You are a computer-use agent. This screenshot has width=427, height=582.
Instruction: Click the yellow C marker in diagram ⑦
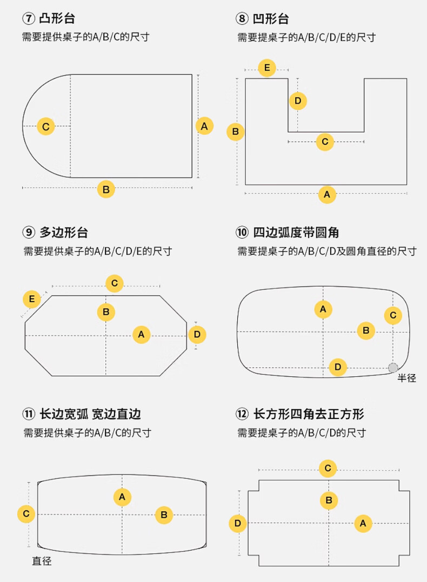coord(46,127)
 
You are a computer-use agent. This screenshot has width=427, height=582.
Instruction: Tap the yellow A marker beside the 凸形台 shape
coord(204,126)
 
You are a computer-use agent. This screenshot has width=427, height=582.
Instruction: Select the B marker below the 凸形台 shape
coord(106,190)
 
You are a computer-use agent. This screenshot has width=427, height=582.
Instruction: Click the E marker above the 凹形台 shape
coord(266,69)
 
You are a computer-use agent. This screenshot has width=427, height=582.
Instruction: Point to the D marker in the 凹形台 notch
coord(298,101)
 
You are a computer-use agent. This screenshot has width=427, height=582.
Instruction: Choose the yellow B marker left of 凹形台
coord(236,131)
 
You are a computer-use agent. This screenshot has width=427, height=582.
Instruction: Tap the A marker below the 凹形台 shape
coord(327,194)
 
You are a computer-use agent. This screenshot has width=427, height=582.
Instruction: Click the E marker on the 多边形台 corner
coord(32,299)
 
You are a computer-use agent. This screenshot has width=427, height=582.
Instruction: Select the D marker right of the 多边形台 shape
coord(197,335)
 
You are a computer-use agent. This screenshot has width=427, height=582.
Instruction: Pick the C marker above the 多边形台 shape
coord(115,283)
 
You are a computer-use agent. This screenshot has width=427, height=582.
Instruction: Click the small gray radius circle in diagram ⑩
coord(393,368)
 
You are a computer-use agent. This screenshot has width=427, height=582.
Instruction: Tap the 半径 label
coord(406,378)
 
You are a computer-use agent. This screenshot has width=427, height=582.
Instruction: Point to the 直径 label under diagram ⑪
coord(42,561)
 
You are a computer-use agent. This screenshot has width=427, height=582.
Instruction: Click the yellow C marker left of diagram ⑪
coord(26,513)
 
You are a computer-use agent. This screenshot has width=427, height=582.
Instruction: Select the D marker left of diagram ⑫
coord(237,523)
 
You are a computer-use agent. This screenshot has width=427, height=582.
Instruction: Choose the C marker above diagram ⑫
coord(328,468)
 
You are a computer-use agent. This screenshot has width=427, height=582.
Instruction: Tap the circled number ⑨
coord(28,233)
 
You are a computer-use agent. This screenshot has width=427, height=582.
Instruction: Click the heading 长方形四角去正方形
coord(309,414)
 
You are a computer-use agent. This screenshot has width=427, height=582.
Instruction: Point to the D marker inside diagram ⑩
coord(338,367)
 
